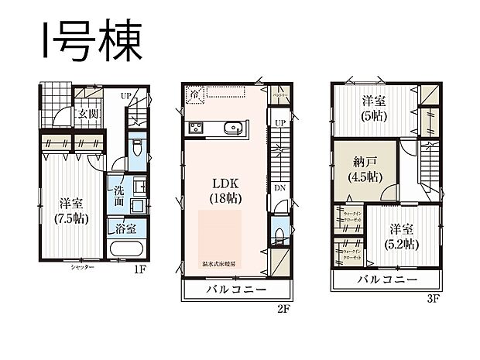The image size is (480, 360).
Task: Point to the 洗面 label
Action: click(119, 194)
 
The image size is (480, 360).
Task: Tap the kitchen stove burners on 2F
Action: click(194, 128)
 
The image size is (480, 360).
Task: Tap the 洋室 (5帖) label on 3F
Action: click(373, 108)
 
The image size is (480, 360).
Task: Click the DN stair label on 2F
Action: click(277, 187)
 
